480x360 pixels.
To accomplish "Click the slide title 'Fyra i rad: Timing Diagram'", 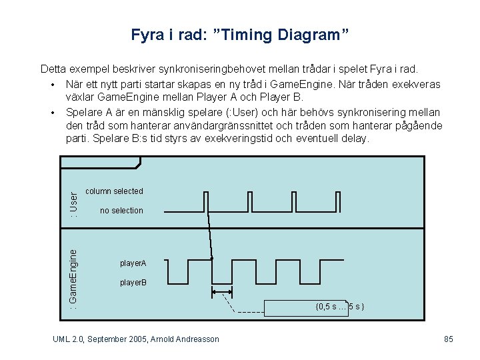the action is pyautogui.click(x=240, y=34).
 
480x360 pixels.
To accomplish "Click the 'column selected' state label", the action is pyautogui.click(x=115, y=191).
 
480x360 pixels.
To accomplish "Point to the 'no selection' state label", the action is pyautogui.click(x=121, y=211).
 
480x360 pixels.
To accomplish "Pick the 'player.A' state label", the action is pyautogui.click(x=133, y=264).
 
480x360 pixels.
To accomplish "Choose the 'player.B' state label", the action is pyautogui.click(x=133, y=283).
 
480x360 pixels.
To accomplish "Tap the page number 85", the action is pyautogui.click(x=449, y=339).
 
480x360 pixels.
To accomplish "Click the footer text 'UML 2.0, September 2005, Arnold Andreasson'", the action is pyautogui.click(x=136, y=339).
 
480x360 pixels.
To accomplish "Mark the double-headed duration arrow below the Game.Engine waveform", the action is pyautogui.click(x=221, y=291).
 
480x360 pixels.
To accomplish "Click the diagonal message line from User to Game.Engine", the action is pyautogui.click(x=209, y=226).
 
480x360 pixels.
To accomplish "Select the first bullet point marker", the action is pyautogui.click(x=51, y=85).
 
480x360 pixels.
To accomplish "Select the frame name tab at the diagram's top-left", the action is pyautogui.click(x=100, y=162).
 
